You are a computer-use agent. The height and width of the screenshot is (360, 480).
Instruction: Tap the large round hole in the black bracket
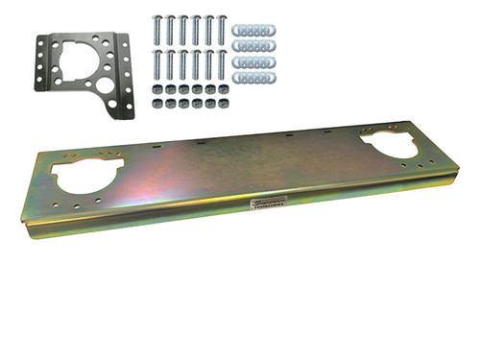[104, 84]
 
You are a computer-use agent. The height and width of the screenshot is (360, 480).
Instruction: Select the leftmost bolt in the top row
[156, 29]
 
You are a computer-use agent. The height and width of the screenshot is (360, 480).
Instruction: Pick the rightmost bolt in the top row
[222, 29]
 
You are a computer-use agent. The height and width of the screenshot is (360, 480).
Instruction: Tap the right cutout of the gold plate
[389, 145]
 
